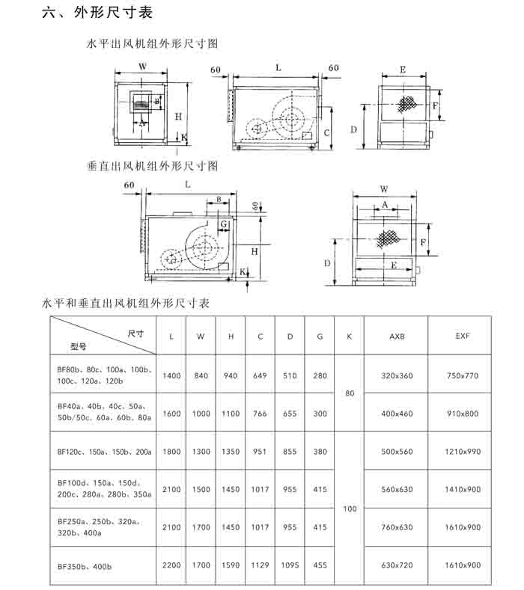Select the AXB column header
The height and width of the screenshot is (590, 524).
coord(397,337)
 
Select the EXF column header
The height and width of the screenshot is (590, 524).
coord(463,337)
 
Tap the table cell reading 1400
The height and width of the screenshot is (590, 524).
coord(171,375)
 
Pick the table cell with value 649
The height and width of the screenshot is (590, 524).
coord(261,375)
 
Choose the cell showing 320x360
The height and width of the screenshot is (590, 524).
coord(397,375)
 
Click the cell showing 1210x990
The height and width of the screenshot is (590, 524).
coord(463,452)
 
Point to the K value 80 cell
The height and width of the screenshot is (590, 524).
coord(350,393)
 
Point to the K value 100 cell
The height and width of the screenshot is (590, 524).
coord(350,508)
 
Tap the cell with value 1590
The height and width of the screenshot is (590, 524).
coord(231,566)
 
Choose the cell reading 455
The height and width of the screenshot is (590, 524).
coord(320,566)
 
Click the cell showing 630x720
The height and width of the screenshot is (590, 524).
coord(397,566)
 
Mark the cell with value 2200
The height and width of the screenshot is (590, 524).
coord(171,566)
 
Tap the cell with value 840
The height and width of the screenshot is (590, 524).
coord(201,375)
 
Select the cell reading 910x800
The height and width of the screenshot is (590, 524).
coord(463,414)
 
